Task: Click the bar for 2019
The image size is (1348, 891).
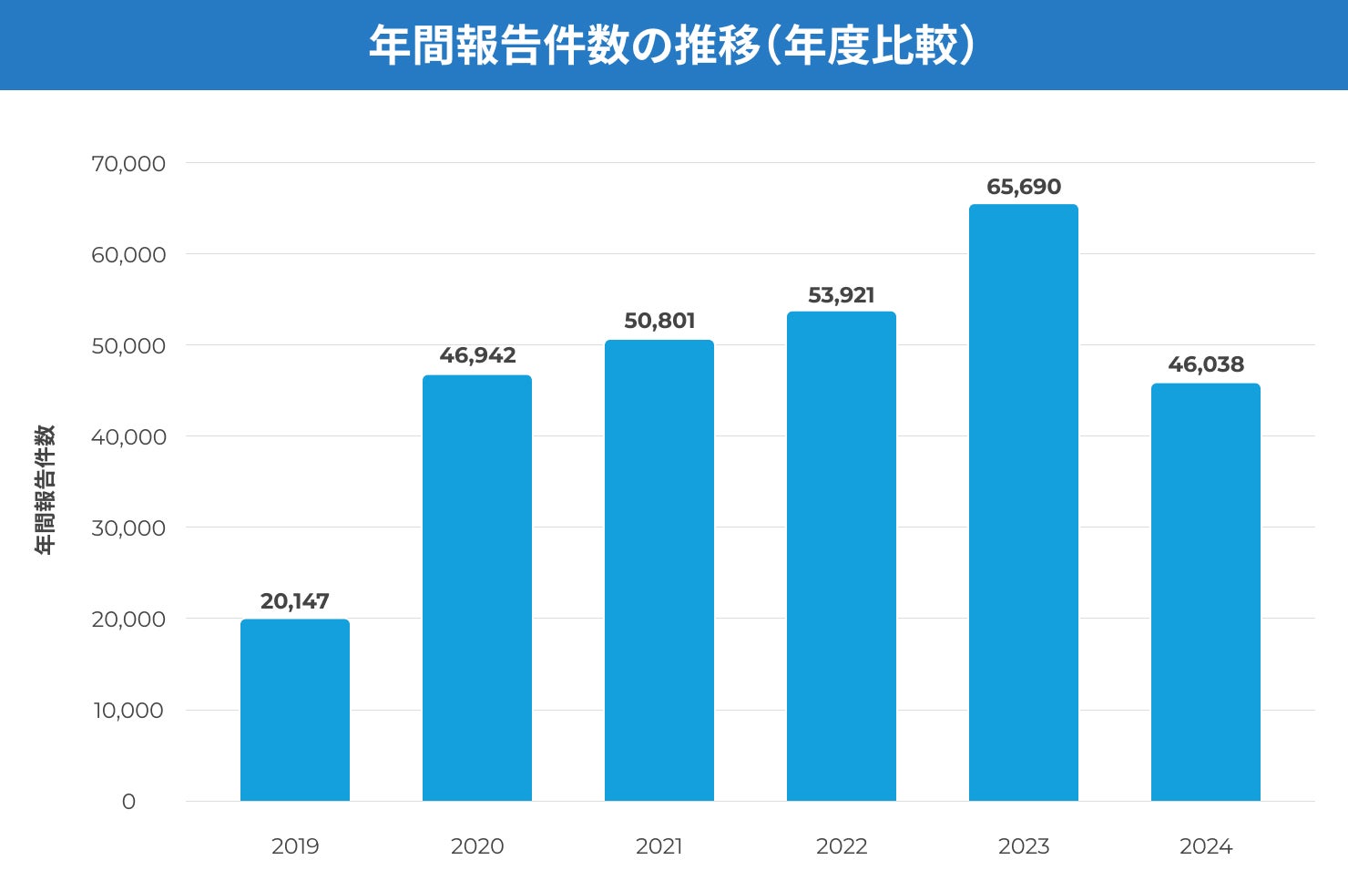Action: [294, 711]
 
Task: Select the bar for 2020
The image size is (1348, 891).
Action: [476, 589]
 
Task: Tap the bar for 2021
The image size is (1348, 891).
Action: [659, 571]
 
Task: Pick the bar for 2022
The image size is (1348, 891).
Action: [841, 557]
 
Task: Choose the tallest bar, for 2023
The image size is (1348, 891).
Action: [1023, 503]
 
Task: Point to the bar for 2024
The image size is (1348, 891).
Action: [1205, 592]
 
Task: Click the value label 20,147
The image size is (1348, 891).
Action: [294, 601]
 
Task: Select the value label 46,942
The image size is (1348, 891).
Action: [477, 355]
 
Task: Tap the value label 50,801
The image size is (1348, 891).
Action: [659, 321]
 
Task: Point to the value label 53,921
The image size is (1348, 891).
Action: [841, 295]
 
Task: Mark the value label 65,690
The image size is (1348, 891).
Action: [1024, 187]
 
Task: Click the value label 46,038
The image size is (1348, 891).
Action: [1206, 364]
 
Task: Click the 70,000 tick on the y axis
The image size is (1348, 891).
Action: [128, 164]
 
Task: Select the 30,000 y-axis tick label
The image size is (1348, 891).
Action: [128, 528]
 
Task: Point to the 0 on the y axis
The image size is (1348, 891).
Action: [128, 802]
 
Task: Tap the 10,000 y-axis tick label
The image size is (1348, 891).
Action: [128, 711]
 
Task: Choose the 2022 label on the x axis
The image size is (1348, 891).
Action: [841, 846]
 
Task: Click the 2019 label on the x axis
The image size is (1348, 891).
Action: [295, 846]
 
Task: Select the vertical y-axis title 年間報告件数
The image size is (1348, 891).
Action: [45, 489]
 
